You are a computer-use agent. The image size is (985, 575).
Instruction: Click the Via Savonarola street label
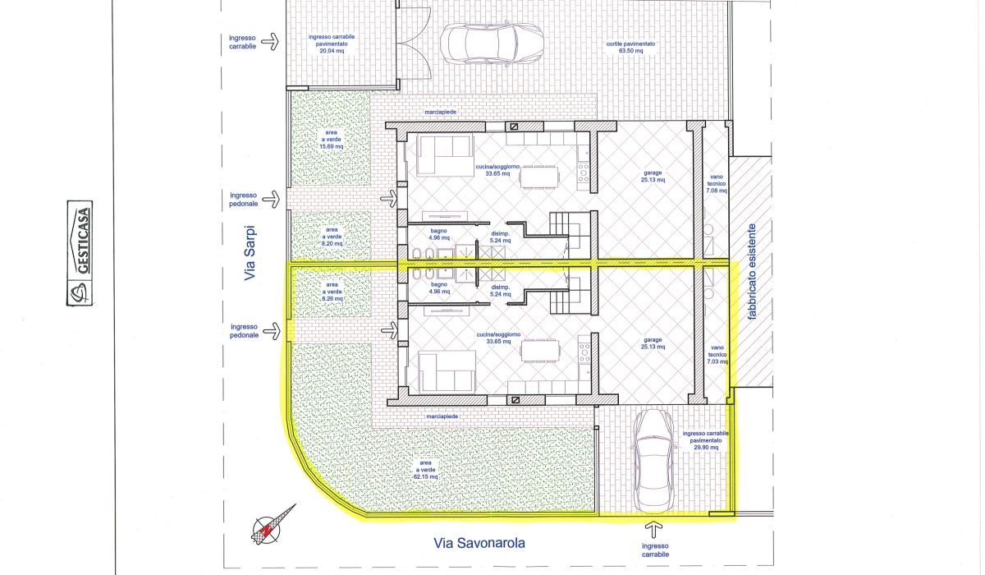tap(479, 543)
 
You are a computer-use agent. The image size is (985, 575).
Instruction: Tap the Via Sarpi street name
tap(250, 253)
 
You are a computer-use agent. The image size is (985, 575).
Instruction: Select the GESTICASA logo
tap(80, 253)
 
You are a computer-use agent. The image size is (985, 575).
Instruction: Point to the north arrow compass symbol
tap(273, 525)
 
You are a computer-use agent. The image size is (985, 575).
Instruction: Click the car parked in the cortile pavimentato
tap(492, 44)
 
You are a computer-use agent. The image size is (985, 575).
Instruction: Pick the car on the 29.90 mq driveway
tap(653, 461)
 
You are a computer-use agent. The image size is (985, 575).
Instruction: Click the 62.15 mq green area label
tap(425, 470)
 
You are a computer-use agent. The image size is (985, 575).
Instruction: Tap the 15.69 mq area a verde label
tap(331, 140)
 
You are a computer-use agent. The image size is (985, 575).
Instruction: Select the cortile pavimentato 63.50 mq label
tap(630, 47)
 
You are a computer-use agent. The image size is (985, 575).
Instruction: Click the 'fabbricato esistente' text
tap(752, 271)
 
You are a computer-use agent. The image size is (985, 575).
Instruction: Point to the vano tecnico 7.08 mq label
tap(717, 184)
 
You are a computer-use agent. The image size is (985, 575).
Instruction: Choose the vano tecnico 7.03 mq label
tap(717, 355)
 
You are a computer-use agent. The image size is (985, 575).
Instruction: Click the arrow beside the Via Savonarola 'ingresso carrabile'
tap(654, 530)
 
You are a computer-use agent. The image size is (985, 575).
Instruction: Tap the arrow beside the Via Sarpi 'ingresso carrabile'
tap(270, 42)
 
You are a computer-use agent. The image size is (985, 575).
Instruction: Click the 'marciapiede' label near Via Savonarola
tap(442, 416)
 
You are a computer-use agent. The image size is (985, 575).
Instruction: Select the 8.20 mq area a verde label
tap(332, 237)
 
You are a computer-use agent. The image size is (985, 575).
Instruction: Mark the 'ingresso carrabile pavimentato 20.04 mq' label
tap(332, 44)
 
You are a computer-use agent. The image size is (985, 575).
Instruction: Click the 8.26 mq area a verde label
tap(332, 292)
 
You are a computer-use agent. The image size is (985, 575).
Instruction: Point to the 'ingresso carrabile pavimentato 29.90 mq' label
tap(705, 440)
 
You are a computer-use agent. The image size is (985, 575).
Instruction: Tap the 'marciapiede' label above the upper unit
tap(440, 113)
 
